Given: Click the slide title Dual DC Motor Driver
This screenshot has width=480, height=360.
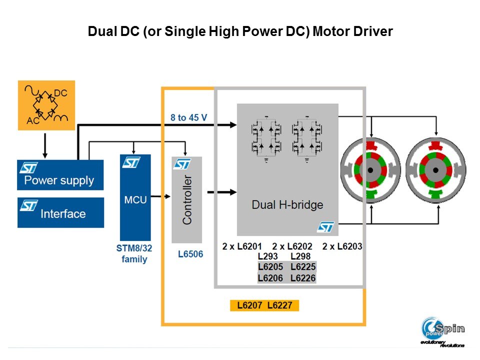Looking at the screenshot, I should pos(240,31).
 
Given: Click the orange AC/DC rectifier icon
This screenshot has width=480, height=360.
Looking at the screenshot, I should pos(45,105).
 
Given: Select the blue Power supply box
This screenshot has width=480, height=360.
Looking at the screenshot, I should pos(60,175).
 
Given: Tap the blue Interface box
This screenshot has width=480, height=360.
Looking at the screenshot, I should pos(60,212).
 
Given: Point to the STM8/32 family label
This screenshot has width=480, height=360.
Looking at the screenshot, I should pos(134,253).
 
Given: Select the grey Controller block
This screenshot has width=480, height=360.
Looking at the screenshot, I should pos(186,199).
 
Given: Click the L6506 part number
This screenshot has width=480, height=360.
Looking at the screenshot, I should pos(190,254).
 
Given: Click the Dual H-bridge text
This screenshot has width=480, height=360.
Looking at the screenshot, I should pos(287,204).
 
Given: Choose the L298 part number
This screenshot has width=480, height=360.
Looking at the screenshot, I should pos(300,256).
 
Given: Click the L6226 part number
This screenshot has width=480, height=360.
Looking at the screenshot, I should pos(303,277).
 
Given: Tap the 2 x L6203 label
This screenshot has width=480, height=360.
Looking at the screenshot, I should pos(342,246).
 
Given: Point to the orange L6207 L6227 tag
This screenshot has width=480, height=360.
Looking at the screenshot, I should pos(264,305).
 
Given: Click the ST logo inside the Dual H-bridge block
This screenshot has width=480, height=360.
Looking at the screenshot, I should pos(325,227).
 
